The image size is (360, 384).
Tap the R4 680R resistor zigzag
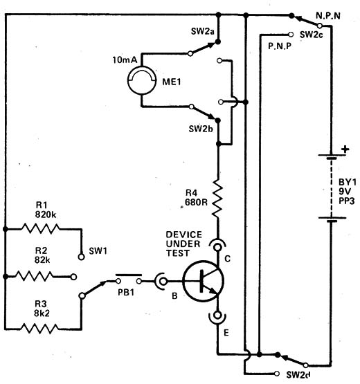[217, 198]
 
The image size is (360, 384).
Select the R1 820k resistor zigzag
[41, 228]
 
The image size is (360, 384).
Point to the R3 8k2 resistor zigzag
[39, 329]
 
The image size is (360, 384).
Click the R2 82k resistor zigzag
[34, 277]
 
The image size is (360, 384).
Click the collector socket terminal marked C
[217, 246]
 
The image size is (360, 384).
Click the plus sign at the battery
[345, 149]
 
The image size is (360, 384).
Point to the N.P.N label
[328, 16]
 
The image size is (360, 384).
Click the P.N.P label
[280, 46]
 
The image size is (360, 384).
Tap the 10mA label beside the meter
[125, 60]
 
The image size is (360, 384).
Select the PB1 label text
[126, 293]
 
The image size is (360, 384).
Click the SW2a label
[203, 31]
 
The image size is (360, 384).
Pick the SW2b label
[201, 129]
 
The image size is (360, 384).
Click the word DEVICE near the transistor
[183, 235]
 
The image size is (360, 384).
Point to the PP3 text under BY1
[347, 201]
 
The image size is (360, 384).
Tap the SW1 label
[98, 251]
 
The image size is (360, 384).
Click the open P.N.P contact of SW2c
[291, 35]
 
